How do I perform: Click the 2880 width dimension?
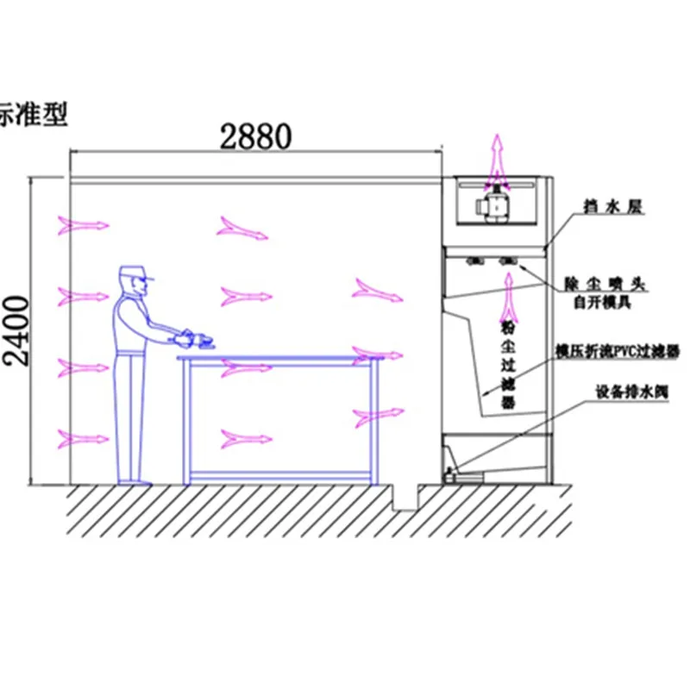256,135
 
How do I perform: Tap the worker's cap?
135,273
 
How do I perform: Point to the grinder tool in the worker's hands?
197,337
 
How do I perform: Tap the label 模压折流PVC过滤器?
617,352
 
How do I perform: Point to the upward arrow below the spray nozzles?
509,293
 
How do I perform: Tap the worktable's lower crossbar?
281,474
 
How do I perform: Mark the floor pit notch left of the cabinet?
405,496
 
